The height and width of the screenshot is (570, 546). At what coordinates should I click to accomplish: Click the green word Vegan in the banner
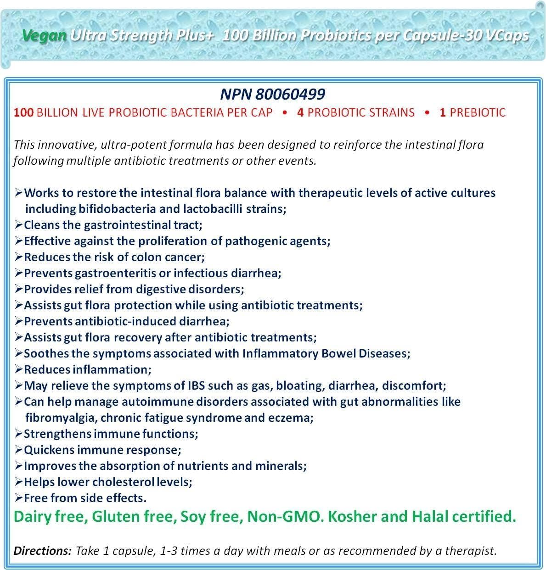point(44,35)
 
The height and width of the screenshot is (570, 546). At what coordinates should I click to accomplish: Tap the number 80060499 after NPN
point(290,94)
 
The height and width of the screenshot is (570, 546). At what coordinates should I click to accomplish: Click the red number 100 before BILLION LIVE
point(24,112)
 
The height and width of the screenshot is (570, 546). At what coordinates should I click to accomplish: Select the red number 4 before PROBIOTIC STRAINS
point(300,112)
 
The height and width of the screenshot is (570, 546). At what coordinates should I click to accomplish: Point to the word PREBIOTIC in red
point(478,112)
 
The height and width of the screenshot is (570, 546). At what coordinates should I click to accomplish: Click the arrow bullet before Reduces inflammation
point(18,369)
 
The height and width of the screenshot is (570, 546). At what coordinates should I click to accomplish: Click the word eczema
point(292,418)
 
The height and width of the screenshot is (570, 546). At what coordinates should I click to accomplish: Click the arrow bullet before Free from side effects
point(18,498)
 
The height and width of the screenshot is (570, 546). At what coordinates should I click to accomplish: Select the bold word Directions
point(42,551)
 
